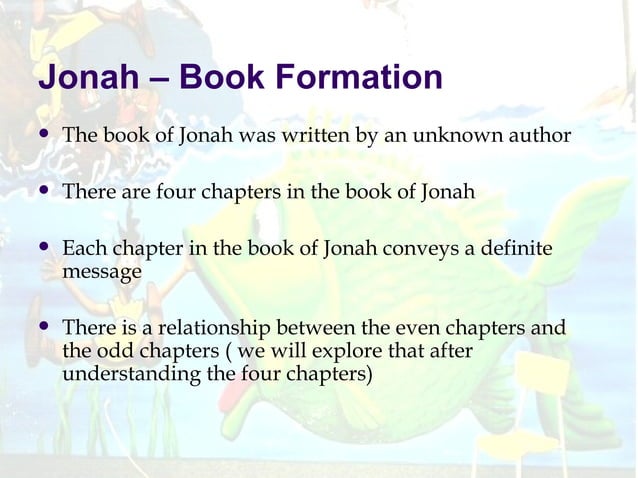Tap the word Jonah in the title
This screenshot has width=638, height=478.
83,78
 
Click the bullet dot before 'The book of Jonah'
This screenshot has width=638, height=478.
43,134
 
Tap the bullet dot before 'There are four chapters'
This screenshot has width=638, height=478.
43,191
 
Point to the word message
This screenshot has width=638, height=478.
101,270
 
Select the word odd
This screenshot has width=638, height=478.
112,351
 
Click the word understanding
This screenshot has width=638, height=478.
134,375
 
